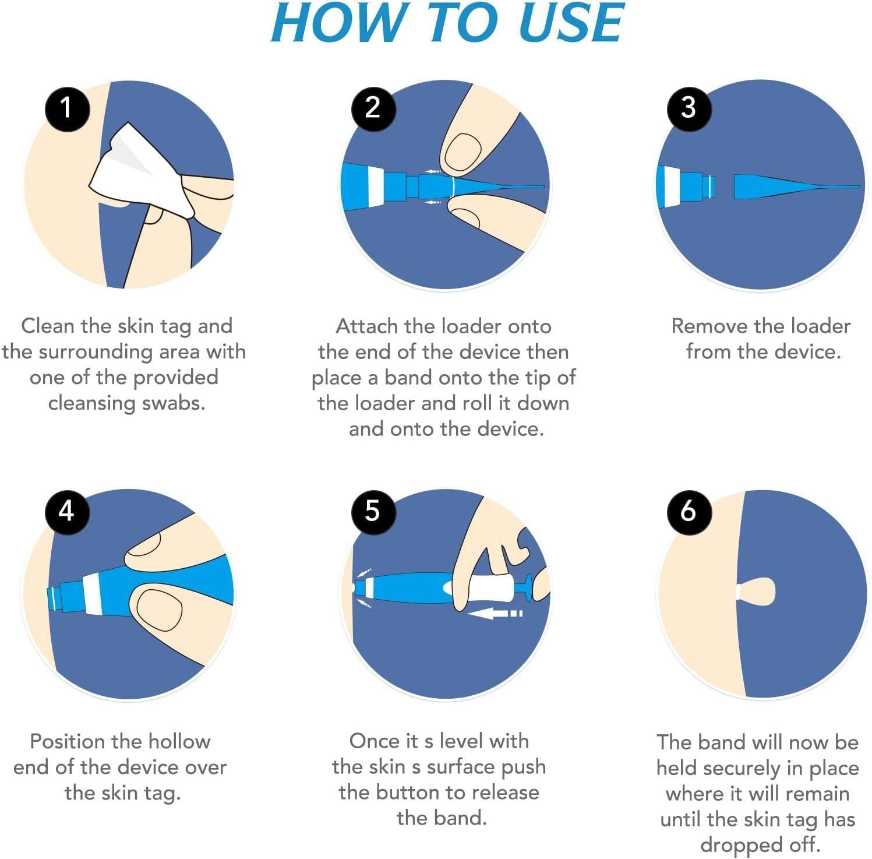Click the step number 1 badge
pos(67,108)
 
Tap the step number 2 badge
pos(373,108)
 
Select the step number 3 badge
pos(689,108)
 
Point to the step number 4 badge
pos(67,511)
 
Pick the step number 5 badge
pos(373,511)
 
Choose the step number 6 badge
pos(689,511)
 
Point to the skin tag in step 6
pos(757,592)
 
